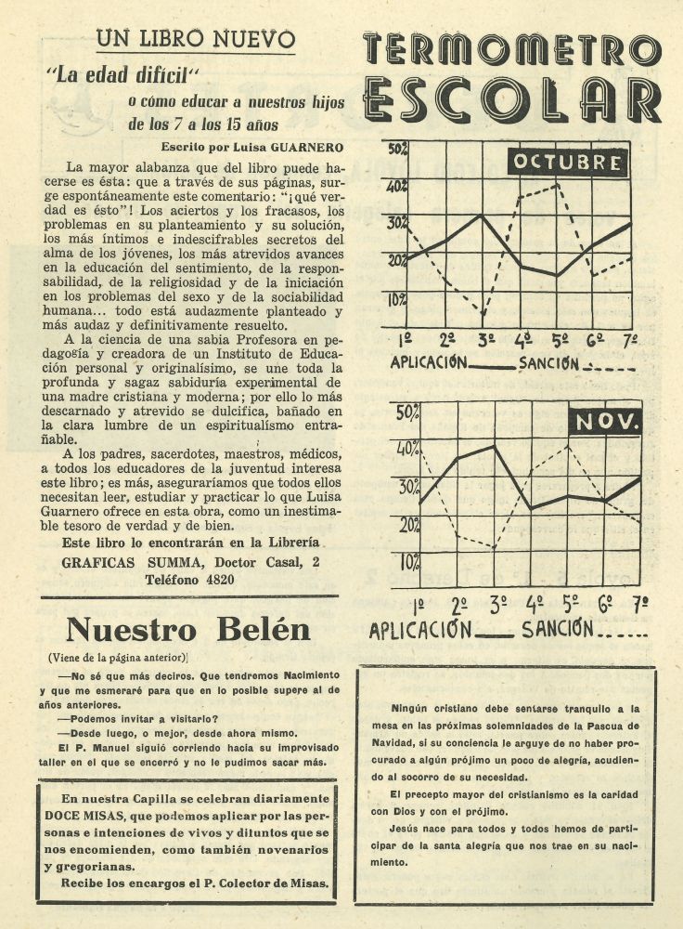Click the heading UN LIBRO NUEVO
click(x=196, y=39)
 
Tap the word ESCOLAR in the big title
click(x=512, y=99)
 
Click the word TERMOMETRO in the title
click(x=512, y=49)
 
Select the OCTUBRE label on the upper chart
click(x=567, y=164)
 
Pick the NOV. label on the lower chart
click(x=605, y=423)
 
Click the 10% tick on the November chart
click(x=409, y=562)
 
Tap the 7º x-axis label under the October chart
click(x=629, y=340)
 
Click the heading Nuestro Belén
click(x=188, y=630)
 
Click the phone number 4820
click(x=216, y=579)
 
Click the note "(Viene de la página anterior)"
click(x=118, y=658)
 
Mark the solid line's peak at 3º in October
click(x=481, y=216)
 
